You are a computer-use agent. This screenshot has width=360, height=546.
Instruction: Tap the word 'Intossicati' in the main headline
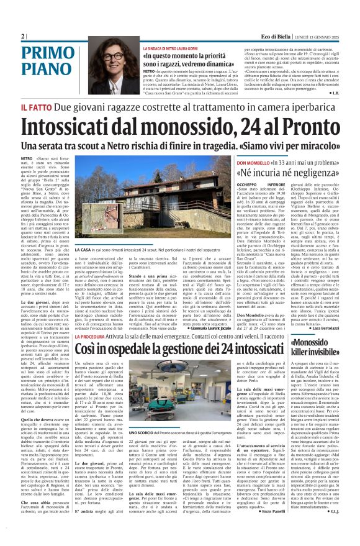click(x=81, y=126)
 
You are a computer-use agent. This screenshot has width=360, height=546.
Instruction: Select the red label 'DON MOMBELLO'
click(x=254, y=162)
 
